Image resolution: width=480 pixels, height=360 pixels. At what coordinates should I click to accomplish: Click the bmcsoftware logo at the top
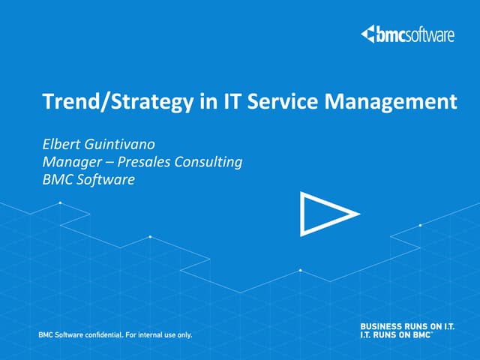tap(407, 34)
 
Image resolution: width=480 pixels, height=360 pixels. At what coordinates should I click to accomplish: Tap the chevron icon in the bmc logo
tap(368, 34)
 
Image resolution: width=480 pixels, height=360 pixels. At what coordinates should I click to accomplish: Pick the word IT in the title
tap(226, 101)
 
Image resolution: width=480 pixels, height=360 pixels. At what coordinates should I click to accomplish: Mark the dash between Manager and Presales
tap(110, 161)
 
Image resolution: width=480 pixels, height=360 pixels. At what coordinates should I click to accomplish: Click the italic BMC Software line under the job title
tap(88, 179)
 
